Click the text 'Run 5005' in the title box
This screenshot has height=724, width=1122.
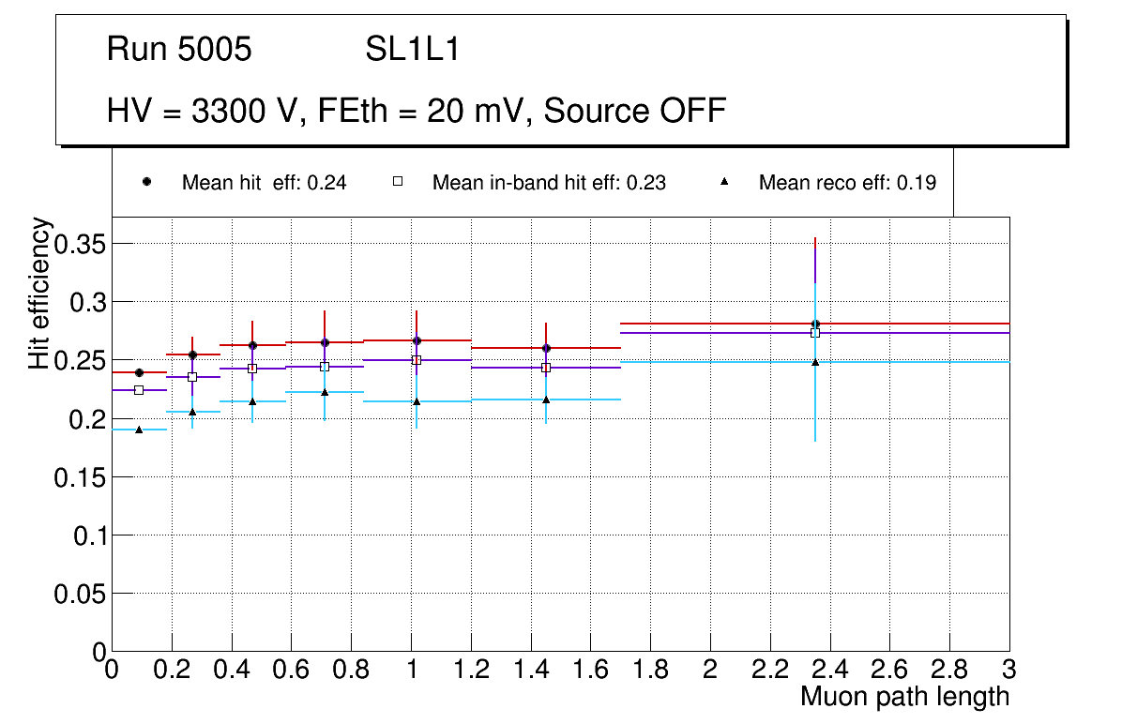[179, 50]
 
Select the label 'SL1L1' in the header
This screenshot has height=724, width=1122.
[413, 50]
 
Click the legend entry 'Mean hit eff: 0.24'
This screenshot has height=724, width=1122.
[264, 183]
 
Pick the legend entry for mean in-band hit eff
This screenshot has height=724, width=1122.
[548, 183]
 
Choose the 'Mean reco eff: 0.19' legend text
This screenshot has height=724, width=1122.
[846, 183]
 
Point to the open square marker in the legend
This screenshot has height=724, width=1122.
[397, 182]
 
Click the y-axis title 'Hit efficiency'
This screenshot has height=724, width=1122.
[39, 293]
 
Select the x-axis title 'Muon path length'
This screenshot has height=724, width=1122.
[904, 697]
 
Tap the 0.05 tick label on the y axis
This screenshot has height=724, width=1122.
[80, 594]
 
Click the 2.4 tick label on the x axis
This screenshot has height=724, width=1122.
[829, 670]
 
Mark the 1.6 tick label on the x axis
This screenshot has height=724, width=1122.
[590, 670]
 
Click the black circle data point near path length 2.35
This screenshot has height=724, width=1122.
[815, 324]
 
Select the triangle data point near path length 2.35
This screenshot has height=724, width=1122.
[815, 362]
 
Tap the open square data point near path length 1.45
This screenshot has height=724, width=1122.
[546, 368]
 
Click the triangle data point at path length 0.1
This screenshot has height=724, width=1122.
[139, 430]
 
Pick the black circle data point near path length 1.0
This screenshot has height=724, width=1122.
[416, 340]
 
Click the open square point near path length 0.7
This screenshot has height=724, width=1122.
[325, 367]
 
